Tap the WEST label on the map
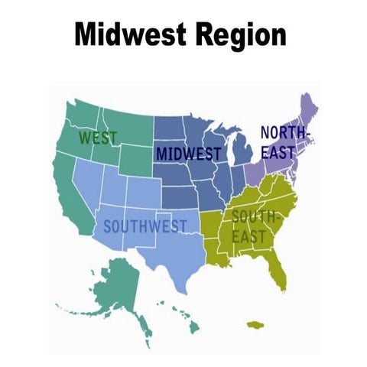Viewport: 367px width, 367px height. click(99, 138)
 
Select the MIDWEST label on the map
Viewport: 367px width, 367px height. click(188, 154)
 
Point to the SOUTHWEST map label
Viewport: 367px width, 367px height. click(145, 226)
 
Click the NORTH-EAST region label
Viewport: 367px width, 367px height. click(282, 142)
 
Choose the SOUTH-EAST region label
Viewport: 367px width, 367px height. click(252, 226)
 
